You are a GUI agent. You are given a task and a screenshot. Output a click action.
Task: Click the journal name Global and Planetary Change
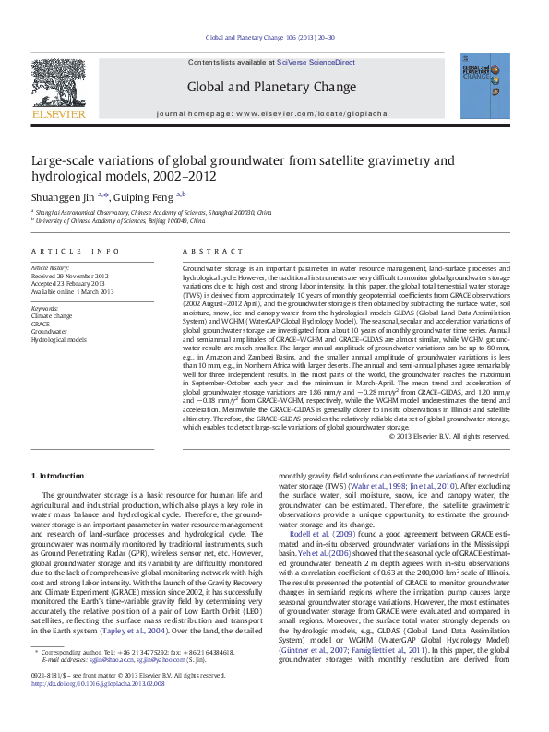click(x=271, y=88)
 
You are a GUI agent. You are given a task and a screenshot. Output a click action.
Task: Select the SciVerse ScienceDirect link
click(x=316, y=62)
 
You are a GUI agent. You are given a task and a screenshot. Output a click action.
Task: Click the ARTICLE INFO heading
click(x=76, y=251)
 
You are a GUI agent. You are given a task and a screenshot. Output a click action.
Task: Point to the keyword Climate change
click(x=52, y=315)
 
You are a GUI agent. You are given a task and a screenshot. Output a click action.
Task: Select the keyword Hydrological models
click(x=59, y=339)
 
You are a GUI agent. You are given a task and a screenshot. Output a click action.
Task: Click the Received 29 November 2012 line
click(x=70, y=276)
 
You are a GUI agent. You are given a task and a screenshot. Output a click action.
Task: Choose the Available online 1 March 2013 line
click(x=72, y=291)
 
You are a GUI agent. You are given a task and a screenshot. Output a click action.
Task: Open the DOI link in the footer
click(x=98, y=711)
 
